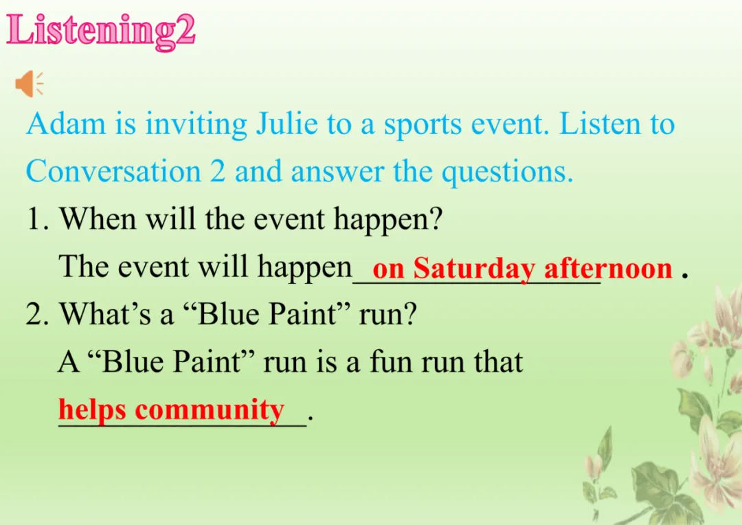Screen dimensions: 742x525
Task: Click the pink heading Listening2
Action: click(101, 31)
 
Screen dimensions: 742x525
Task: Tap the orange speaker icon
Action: click(30, 84)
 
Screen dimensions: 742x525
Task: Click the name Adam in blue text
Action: click(66, 124)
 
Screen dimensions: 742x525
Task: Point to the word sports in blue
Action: click(423, 126)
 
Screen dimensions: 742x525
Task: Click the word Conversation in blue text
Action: click(113, 171)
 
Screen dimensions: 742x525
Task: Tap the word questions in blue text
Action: click(507, 173)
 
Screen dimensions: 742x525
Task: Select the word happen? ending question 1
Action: click(388, 221)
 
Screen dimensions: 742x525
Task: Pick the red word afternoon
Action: click(608, 269)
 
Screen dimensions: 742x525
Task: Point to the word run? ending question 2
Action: click(388, 314)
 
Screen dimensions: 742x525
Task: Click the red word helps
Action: click(92, 410)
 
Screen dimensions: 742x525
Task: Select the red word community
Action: click(210, 410)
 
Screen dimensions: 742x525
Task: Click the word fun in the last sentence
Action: click(390, 361)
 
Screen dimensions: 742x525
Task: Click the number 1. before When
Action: click(38, 220)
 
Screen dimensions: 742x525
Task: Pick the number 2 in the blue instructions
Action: click(218, 171)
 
